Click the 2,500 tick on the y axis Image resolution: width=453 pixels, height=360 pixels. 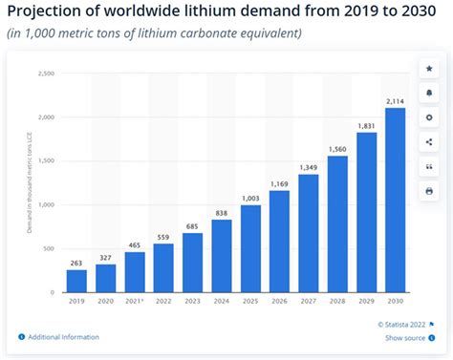coord(44,73)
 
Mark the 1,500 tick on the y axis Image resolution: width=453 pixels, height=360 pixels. coord(44,160)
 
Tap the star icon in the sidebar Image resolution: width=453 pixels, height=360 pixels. coord(430,69)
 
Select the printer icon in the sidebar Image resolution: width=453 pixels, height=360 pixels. coord(430,190)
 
